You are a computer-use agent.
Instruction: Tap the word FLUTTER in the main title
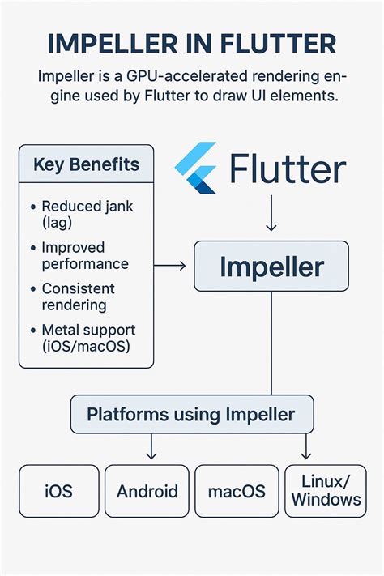click(273, 45)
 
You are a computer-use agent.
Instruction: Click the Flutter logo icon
click(197, 168)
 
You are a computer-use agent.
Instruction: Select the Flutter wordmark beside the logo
click(288, 169)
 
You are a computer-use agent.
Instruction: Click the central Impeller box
click(271, 267)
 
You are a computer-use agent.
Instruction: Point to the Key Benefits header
click(86, 164)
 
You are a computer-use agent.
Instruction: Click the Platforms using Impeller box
click(191, 415)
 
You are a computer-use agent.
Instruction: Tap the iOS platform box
click(58, 491)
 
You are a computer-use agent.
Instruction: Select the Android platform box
click(147, 491)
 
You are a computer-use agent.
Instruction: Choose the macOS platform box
click(236, 491)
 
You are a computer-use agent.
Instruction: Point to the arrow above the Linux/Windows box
click(306, 447)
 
